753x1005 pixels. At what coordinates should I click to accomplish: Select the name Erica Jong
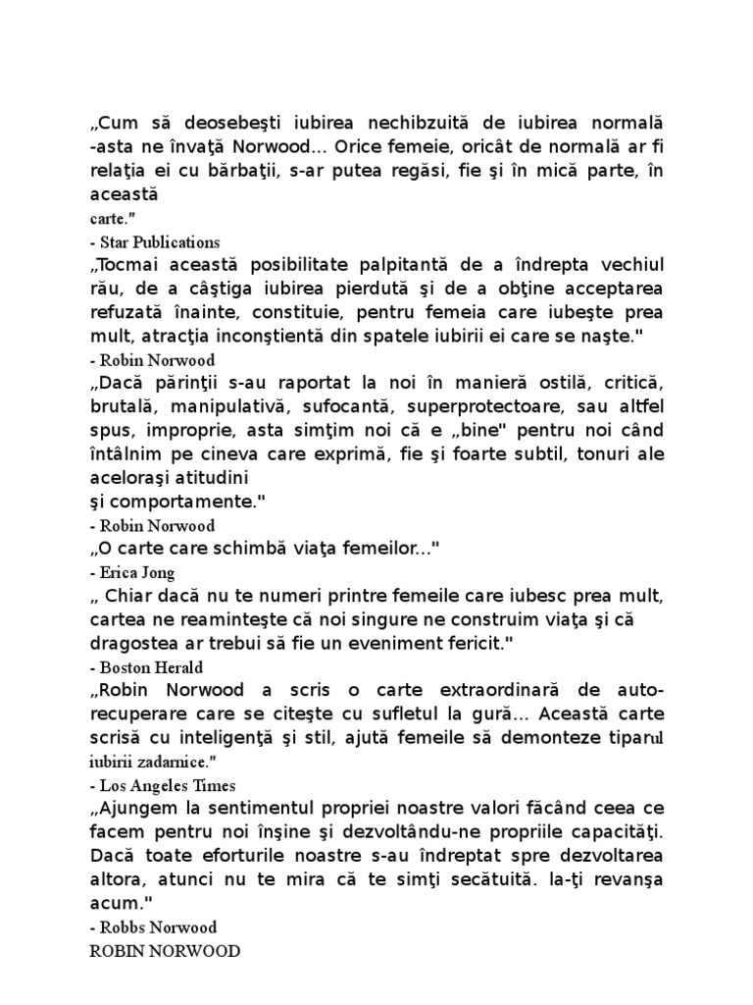pos(135,571)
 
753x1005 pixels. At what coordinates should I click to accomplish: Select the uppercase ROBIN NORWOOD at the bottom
pos(164,950)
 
